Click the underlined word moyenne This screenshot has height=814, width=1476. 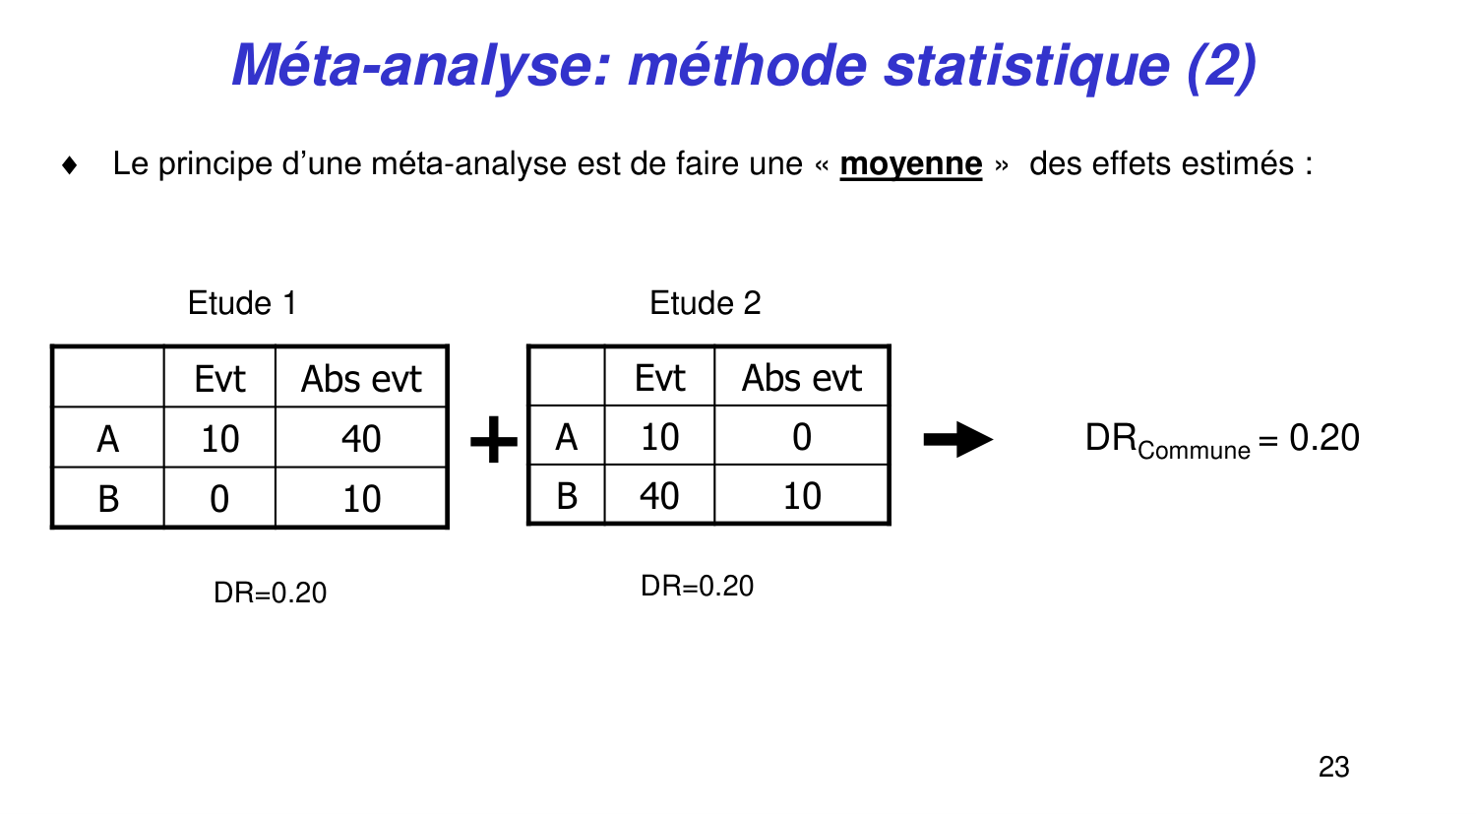coord(910,163)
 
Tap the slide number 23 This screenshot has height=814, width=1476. coord(1333,767)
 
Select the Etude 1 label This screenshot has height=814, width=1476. coord(242,303)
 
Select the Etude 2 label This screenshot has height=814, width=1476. coord(706,303)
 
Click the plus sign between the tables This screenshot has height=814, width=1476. coord(494,439)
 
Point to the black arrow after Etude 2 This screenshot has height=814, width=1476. coord(957,439)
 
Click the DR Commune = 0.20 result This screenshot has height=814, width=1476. coord(1222,439)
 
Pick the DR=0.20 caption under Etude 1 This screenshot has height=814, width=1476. coord(270,593)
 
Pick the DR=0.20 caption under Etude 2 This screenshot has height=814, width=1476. coord(697,586)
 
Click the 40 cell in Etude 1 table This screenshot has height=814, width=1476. coord(361,439)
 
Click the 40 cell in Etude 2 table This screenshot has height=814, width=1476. coord(659,496)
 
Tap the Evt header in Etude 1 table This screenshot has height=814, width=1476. coord(219,379)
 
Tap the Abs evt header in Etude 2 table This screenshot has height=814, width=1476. coord(801,378)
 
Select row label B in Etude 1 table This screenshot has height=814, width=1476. coord(108,499)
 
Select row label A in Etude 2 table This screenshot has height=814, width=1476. coord(567,437)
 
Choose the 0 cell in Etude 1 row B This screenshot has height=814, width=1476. coord(219,499)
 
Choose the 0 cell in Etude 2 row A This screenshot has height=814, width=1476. coord(801,437)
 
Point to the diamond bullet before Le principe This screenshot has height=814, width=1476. coord(69,164)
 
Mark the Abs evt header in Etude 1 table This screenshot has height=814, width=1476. coord(361,379)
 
